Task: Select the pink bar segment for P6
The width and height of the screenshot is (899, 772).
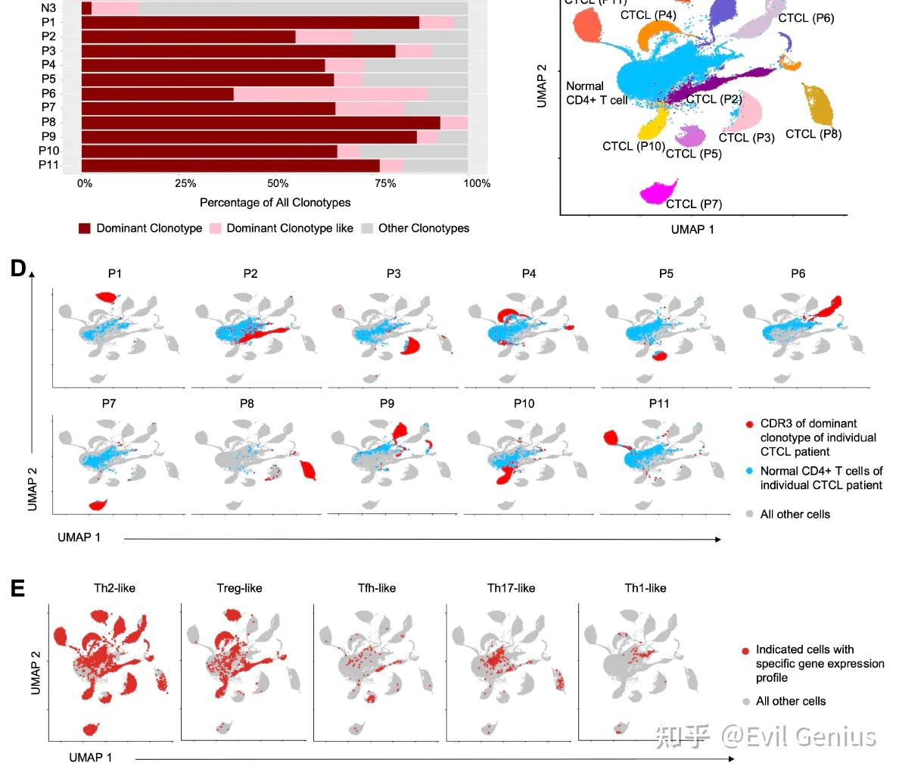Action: [x=330, y=95]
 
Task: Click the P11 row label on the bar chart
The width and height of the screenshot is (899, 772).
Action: [x=49, y=165]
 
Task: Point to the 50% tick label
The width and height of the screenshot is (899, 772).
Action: [x=278, y=183]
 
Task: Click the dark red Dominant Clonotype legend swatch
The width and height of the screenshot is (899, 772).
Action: [x=85, y=229]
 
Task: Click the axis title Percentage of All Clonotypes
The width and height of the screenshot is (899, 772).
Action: [x=275, y=203]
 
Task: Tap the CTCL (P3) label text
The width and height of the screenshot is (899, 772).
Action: [x=746, y=138]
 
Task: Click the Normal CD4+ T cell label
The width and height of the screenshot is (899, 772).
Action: [x=596, y=93]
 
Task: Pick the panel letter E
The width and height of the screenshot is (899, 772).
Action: [x=17, y=588]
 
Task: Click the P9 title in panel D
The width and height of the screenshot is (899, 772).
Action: [x=387, y=403]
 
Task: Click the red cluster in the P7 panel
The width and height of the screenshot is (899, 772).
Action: [x=97, y=505]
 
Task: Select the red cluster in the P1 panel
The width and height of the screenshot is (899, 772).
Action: [x=107, y=296]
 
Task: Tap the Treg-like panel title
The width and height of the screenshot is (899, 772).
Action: [x=239, y=588]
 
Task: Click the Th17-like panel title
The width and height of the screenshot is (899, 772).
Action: [x=511, y=588]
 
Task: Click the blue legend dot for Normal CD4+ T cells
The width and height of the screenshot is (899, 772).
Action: [x=748, y=471]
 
